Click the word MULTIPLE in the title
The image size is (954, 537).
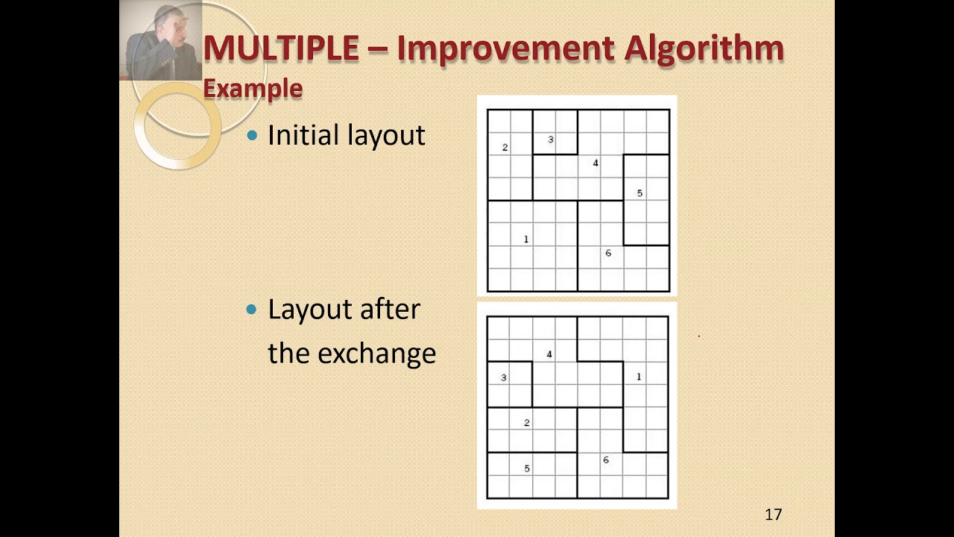tap(281, 49)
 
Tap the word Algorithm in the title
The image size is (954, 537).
tap(704, 49)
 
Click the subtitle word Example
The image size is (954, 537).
tap(253, 89)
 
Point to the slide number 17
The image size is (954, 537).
tap(773, 515)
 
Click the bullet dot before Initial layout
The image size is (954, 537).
tap(253, 135)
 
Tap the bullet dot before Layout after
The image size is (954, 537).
tap(253, 309)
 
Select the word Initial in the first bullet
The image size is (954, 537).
tap(302, 135)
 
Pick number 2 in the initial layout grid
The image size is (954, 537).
tap(505, 148)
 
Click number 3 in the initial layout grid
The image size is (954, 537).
tap(551, 139)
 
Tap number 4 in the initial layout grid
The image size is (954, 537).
tap(595, 163)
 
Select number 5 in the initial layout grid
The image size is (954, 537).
tap(639, 193)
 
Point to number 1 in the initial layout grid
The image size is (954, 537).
tap(526, 239)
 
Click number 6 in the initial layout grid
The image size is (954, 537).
tap(608, 254)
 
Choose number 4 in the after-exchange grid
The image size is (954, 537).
tap(549, 354)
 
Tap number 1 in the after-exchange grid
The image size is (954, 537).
tap(639, 377)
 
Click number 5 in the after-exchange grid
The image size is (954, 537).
tap(527, 468)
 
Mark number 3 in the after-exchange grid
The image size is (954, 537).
tap(504, 377)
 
